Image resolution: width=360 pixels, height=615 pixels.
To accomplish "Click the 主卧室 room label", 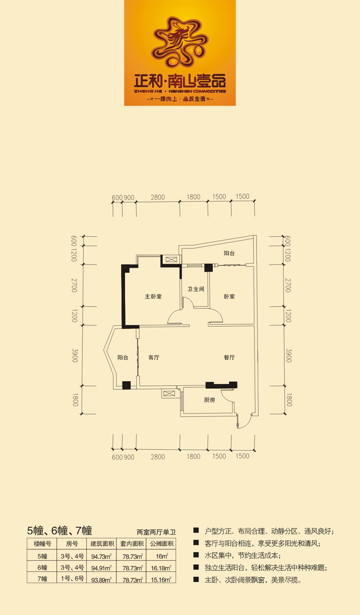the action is pyautogui.click(x=153, y=296).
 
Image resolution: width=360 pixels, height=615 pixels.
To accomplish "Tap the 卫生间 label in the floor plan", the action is pyautogui.click(x=196, y=289).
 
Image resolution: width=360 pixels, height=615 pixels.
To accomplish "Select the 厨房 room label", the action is pyautogui.click(x=210, y=400).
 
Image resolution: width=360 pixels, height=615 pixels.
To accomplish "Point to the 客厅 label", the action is pyautogui.click(x=154, y=358).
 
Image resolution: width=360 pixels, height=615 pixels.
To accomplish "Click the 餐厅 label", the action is pyautogui.click(x=229, y=358).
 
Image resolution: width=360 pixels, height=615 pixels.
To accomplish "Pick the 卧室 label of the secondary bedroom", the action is pyautogui.click(x=229, y=296).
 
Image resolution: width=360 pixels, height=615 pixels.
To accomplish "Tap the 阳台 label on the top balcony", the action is pyautogui.click(x=229, y=253).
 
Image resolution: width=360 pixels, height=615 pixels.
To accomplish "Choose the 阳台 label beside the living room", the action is pyautogui.click(x=123, y=358).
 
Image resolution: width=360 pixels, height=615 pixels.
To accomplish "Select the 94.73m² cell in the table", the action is pyautogui.click(x=101, y=557).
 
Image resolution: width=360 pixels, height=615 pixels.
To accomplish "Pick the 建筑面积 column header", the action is pyautogui.click(x=102, y=543).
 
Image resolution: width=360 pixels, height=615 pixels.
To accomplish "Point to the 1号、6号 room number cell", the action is pyautogui.click(x=72, y=579).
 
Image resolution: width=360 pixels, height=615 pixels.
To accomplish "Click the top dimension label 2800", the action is pyautogui.click(x=158, y=197).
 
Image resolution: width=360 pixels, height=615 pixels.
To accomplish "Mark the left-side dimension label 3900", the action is pyautogui.click(x=75, y=355).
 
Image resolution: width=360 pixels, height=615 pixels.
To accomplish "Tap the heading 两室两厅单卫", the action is pyautogui.click(x=156, y=532).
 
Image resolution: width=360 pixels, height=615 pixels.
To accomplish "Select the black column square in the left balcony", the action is pyautogui.click(x=126, y=385).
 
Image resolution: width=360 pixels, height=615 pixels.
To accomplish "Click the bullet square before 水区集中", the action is pyautogui.click(x=196, y=555).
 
